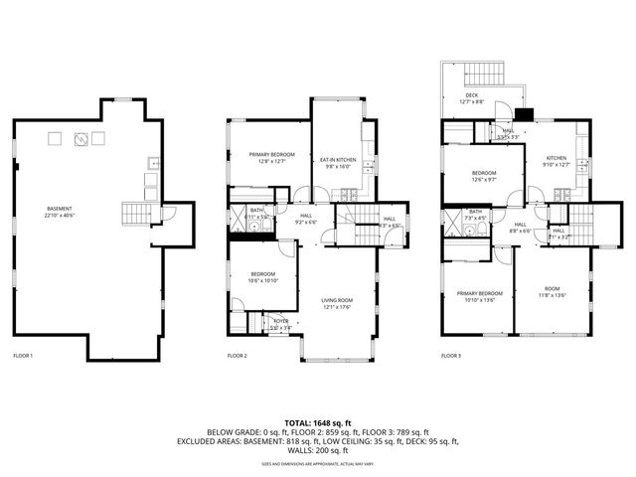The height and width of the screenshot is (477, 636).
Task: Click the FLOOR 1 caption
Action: click(x=23, y=355)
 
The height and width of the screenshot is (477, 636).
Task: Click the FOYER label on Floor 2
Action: click(x=280, y=322)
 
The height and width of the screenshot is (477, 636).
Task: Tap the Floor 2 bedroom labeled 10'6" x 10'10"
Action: click(x=263, y=277)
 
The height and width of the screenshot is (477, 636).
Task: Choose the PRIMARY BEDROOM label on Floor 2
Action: click(x=268, y=157)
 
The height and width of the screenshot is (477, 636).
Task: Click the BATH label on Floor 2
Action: click(x=256, y=212)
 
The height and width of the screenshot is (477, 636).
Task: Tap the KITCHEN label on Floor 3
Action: click(x=556, y=162)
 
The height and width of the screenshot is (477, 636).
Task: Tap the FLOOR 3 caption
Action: click(x=451, y=355)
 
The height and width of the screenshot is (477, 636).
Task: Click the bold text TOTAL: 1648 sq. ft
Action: click(x=318, y=422)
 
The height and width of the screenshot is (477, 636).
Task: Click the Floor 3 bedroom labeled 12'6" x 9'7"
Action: click(x=484, y=177)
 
